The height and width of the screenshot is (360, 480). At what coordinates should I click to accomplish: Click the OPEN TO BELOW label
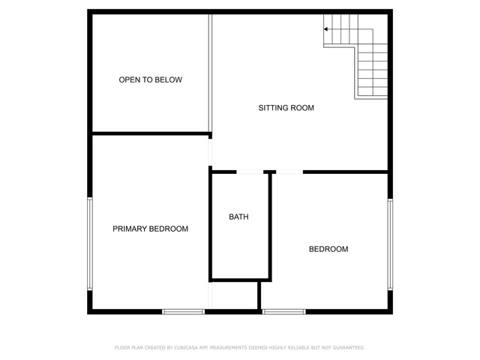click(150, 80)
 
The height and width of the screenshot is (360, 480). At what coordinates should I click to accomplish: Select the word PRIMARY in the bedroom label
click(129, 229)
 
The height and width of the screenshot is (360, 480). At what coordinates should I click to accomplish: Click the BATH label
click(238, 217)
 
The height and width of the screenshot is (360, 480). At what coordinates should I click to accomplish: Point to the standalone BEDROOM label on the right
click(328, 249)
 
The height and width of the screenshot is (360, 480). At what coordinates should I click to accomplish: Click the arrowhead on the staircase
click(325, 29)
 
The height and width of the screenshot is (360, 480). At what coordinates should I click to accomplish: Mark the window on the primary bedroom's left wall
click(90, 244)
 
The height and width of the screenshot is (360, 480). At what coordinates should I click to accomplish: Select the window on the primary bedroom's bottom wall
click(183, 312)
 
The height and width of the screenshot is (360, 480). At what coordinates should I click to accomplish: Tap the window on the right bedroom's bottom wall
click(284, 312)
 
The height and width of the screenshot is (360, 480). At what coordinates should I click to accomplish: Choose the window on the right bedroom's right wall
click(390, 244)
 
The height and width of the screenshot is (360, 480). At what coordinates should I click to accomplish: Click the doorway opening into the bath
click(250, 172)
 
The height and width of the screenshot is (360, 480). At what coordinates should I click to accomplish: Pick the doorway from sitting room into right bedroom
click(289, 172)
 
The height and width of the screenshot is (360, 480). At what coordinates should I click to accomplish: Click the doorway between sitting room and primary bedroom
click(210, 152)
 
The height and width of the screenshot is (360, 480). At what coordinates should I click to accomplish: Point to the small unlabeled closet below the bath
click(235, 295)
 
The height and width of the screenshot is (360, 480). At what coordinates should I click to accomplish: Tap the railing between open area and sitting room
click(210, 73)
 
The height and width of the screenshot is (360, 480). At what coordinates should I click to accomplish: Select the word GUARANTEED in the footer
click(348, 348)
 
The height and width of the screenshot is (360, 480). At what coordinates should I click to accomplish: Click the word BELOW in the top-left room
click(168, 80)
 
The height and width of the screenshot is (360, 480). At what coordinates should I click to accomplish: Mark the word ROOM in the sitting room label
click(302, 108)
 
